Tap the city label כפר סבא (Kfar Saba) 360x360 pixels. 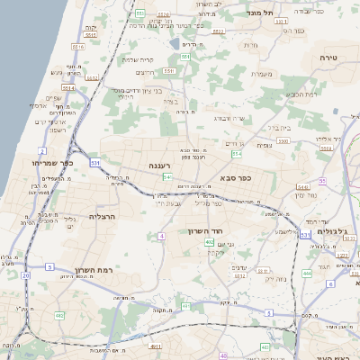[x=234, y=178]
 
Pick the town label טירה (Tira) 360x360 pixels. [x=326, y=56]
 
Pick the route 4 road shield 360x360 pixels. [x=161, y=236]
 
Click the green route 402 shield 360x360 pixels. [x=209, y=242]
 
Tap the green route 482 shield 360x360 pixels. [x=59, y=316]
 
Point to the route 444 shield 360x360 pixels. [x=307, y=272]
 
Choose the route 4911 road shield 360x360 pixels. [x=155, y=345]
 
